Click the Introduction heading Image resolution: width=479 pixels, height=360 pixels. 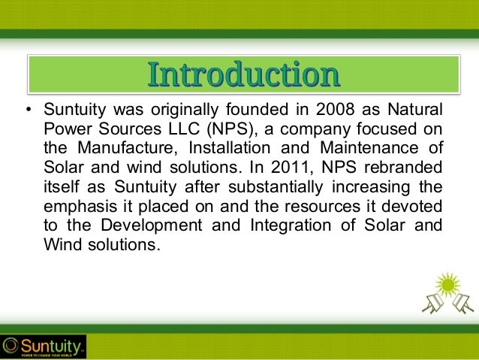click(x=242, y=75)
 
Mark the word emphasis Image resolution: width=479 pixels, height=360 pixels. click(x=75, y=201)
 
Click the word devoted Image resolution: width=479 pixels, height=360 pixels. click(x=417, y=200)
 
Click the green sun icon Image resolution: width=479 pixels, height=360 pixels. click(x=449, y=284)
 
